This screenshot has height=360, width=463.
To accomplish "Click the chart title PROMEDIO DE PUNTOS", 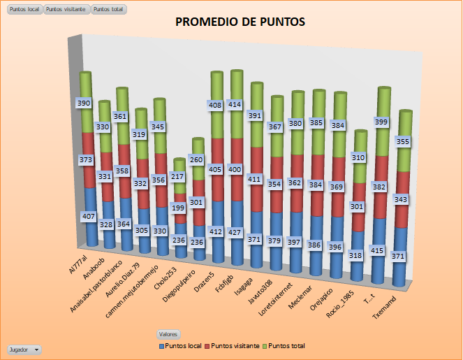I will pos(240,22).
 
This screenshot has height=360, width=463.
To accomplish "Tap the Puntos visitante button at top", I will pos(66,9).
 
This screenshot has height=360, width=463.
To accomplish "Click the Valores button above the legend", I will pos(168,335).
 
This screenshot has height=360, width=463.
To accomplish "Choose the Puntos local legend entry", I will pos(184,346).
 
